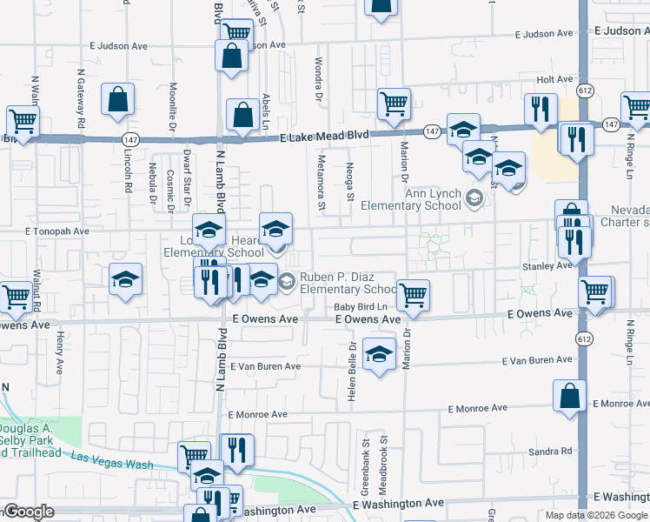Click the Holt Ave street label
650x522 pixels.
[555, 79]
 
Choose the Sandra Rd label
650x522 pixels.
[554, 451]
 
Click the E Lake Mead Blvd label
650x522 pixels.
[323, 137]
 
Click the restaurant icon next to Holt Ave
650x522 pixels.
[541, 109]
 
